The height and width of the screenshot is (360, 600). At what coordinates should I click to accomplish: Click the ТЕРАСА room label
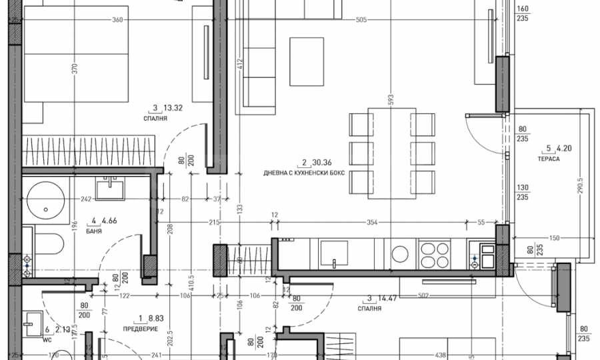[x=550, y=161]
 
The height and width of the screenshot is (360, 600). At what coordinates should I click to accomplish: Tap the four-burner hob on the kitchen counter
[x=435, y=253]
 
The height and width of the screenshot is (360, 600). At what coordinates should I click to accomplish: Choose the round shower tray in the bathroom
[x=46, y=198]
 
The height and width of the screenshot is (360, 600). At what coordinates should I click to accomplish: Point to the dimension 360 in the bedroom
[x=118, y=20]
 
